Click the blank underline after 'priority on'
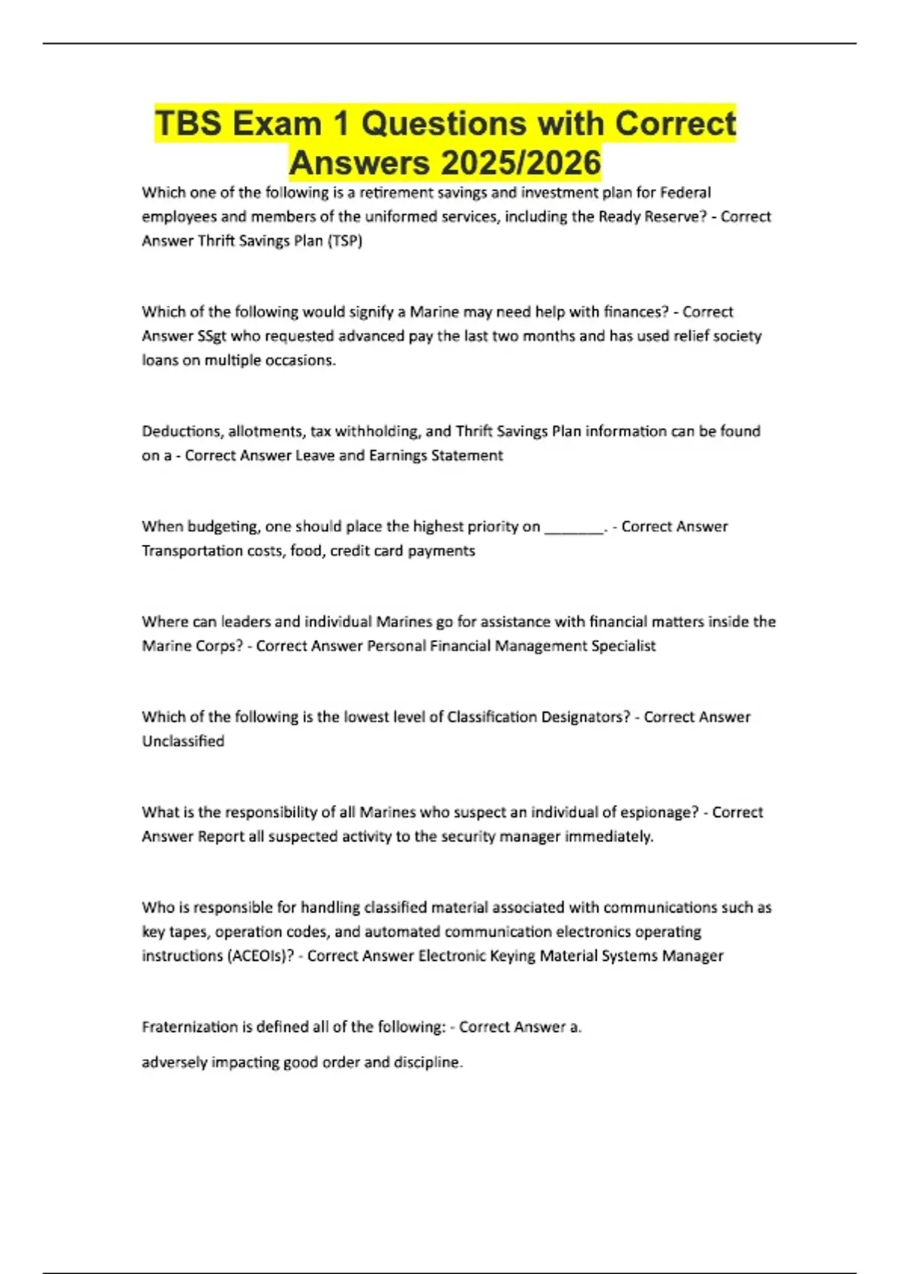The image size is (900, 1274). pos(574,527)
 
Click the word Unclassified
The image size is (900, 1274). pos(183,741)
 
